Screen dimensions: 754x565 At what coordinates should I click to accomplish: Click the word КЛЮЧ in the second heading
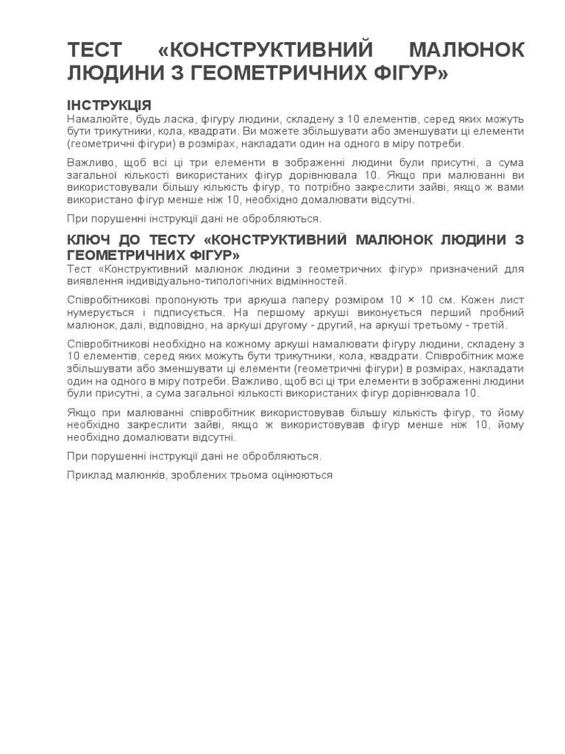click(92, 240)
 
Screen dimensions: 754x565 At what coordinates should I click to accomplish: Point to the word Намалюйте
click(93, 119)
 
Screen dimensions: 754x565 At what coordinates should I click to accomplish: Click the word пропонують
click(184, 300)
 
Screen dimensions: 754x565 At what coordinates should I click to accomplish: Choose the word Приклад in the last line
click(87, 476)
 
